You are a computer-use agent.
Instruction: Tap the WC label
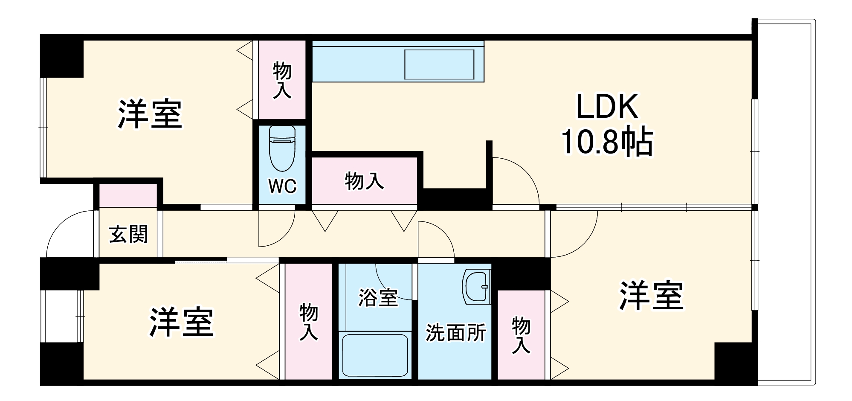[x=282, y=186]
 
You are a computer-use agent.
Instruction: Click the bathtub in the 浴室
[x=375, y=355]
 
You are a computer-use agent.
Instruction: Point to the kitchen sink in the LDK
[x=439, y=64]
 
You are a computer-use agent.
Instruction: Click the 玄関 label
[x=128, y=234]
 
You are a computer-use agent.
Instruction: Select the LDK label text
[x=607, y=107]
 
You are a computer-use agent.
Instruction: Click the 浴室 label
[x=378, y=297]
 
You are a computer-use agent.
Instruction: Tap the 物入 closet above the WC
[x=282, y=80]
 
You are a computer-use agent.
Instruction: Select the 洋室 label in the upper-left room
[x=150, y=114]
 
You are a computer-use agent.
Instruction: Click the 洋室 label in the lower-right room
[x=651, y=296]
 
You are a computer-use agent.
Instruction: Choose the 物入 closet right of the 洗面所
[x=521, y=335]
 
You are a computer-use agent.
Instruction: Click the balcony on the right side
[x=785, y=200]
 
